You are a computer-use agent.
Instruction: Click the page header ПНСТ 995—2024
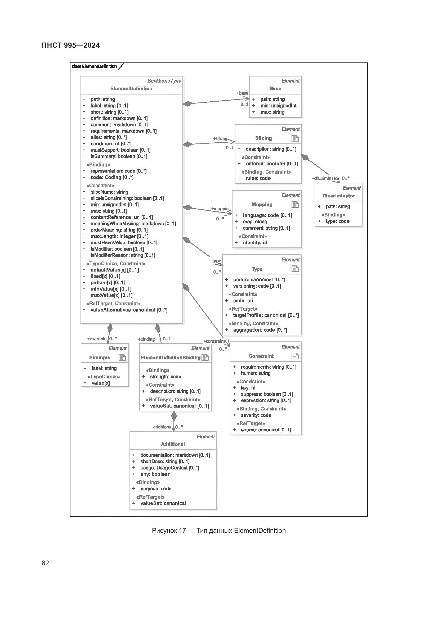point(71,45)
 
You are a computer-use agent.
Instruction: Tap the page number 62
point(45,563)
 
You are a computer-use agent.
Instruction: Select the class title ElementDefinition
point(131,88)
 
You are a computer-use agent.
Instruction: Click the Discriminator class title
point(338,196)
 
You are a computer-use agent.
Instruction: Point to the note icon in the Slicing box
point(295,138)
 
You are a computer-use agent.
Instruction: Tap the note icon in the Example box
point(122,358)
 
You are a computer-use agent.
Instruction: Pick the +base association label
point(242,93)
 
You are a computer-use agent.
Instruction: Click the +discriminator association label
point(325,178)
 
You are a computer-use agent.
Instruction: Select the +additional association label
point(161,427)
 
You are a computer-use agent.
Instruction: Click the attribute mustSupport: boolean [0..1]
point(120,150)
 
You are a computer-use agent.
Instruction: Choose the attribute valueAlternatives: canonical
point(129,310)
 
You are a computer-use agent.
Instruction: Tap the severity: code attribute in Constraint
point(256,415)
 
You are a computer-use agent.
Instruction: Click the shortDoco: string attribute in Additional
point(164,461)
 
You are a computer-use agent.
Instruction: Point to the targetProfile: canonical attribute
point(266,315)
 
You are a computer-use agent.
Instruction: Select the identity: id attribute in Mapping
point(254,243)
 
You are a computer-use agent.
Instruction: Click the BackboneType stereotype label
point(164,81)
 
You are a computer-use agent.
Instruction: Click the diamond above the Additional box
point(174,416)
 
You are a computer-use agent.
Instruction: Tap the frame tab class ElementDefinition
point(94,66)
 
